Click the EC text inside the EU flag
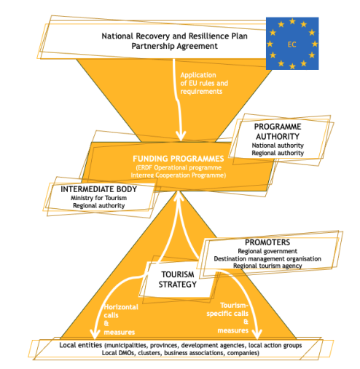pyautogui.click(x=291, y=44)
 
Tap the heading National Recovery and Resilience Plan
pyautogui.click(x=174, y=36)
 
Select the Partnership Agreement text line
pyautogui.click(x=174, y=46)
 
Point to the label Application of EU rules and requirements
pyautogui.click(x=204, y=83)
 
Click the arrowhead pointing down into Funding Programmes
pyautogui.click(x=181, y=136)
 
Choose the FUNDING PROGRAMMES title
pyautogui.click(x=179, y=159)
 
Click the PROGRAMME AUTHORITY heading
pyautogui.click(x=278, y=132)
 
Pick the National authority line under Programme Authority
pyautogui.click(x=278, y=146)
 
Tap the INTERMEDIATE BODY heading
pyautogui.click(x=98, y=189)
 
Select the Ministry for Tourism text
pyautogui.click(x=98, y=198)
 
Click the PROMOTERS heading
pyautogui.click(x=267, y=242)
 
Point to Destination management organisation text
pyautogui.click(x=267, y=259)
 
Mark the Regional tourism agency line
pyautogui.click(x=267, y=266)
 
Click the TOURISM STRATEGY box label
pyautogui.click(x=178, y=279)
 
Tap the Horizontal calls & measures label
pyautogui.click(x=121, y=320)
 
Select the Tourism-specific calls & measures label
pyautogui.click(x=227, y=318)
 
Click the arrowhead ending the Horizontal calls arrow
pyautogui.click(x=95, y=335)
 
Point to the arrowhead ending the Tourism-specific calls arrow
pyautogui.click(x=257, y=334)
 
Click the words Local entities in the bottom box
pyautogui.click(x=81, y=345)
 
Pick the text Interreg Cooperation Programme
pyautogui.click(x=179, y=175)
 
